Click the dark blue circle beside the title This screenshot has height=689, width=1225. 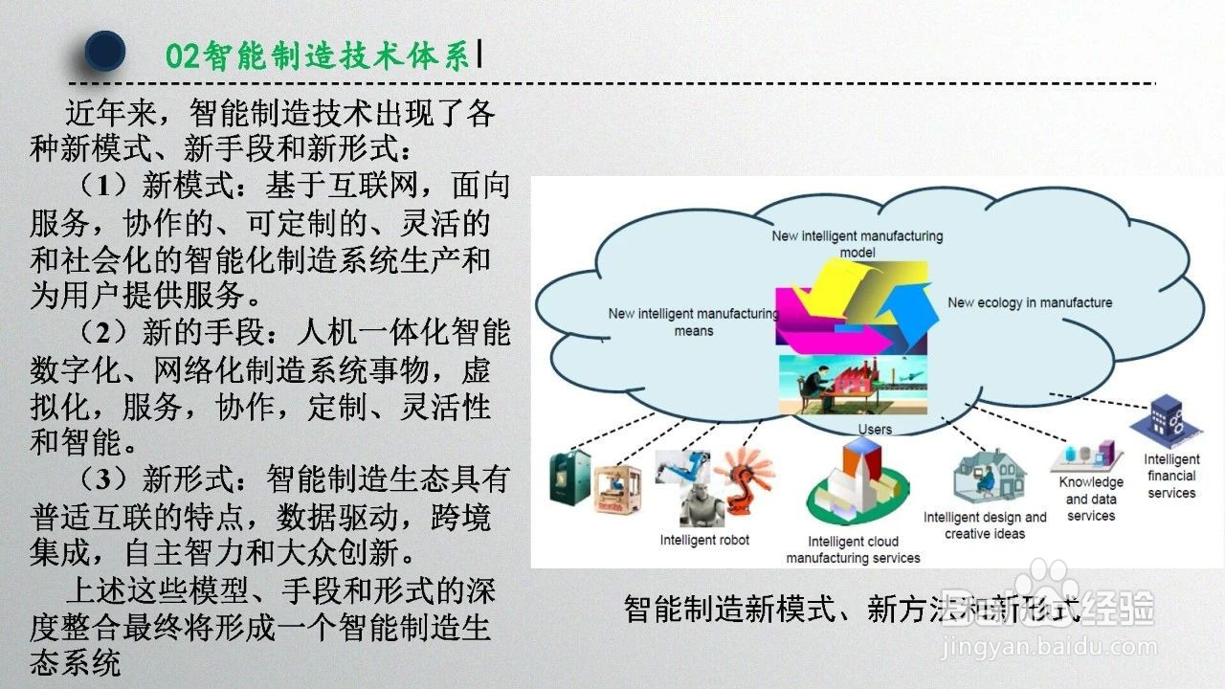coord(105,51)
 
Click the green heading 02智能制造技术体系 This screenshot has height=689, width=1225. coord(318,56)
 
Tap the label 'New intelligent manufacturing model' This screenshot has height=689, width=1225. coord(857,244)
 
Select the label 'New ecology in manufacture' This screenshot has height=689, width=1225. coord(1030,302)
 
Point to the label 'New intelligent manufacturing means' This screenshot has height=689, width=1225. coord(694,322)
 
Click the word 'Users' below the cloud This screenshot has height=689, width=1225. coord(875,430)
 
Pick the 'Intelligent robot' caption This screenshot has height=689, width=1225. coord(704,540)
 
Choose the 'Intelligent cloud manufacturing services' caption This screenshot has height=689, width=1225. coord(853,549)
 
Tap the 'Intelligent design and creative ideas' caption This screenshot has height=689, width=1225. coord(985,525)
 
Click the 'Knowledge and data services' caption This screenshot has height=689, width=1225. coord(1091,499)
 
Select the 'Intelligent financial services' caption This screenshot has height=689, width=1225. coord(1171,476)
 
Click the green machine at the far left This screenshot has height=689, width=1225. coord(570,478)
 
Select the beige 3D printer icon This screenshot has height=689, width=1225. coord(617,490)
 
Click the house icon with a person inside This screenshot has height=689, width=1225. coord(990,476)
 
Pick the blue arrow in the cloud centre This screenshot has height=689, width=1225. coord(908,317)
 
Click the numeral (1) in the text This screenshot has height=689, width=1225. coord(104,186)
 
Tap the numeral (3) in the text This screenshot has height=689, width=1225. coord(104,479)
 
